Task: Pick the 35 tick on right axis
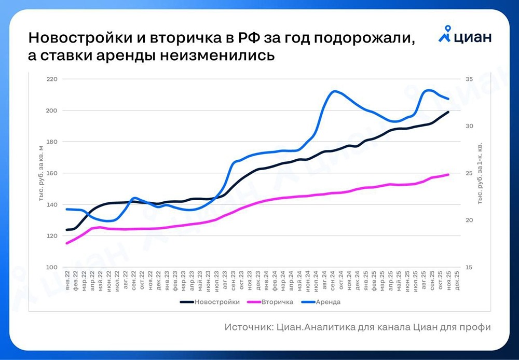(469, 79)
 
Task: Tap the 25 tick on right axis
(469, 173)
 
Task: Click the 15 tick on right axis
(469, 267)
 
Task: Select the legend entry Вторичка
(278, 302)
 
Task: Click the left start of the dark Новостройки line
(67, 230)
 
